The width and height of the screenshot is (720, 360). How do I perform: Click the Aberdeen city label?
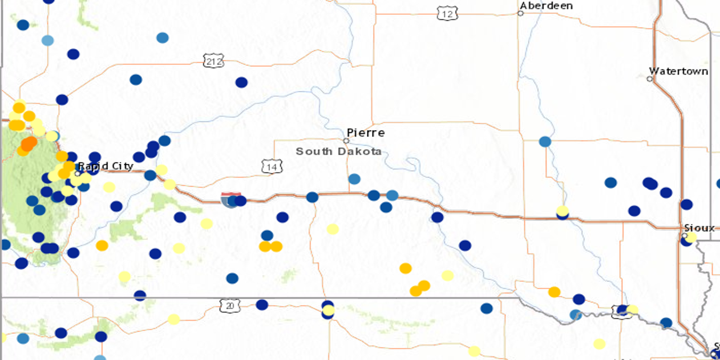click(x=546, y=6)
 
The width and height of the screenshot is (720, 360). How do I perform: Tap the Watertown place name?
click(x=678, y=71)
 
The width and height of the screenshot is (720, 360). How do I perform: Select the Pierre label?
click(x=365, y=133)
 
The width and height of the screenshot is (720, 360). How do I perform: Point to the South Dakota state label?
click(x=338, y=151)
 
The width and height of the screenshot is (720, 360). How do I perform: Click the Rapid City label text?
click(x=106, y=166)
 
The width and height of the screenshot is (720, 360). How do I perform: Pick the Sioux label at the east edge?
click(x=699, y=228)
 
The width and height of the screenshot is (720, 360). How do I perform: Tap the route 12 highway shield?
click(x=447, y=14)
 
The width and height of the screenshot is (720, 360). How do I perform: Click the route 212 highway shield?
click(x=213, y=61)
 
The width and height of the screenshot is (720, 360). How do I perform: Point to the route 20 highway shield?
click(x=229, y=306)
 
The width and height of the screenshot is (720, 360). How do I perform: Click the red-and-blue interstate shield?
click(x=230, y=200)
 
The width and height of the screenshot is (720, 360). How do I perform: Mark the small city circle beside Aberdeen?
click(x=521, y=13)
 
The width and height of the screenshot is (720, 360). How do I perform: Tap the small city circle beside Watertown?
click(x=649, y=79)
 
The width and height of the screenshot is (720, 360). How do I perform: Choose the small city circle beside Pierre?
click(x=346, y=141)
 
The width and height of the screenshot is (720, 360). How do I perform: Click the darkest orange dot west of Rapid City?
click(x=29, y=144)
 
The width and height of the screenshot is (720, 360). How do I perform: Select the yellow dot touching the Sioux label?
click(x=691, y=237)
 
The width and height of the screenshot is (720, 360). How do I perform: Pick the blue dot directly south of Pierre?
click(x=354, y=179)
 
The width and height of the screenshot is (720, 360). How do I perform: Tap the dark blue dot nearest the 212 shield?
click(x=241, y=82)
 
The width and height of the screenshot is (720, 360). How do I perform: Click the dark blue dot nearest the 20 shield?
click(x=262, y=305)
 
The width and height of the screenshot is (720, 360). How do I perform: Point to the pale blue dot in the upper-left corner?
click(x=47, y=40)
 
